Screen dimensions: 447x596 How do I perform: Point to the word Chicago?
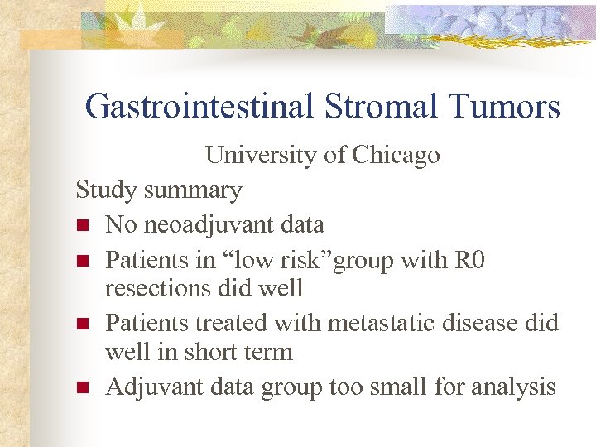point(396,156)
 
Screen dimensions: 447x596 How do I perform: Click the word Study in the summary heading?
point(107,190)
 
